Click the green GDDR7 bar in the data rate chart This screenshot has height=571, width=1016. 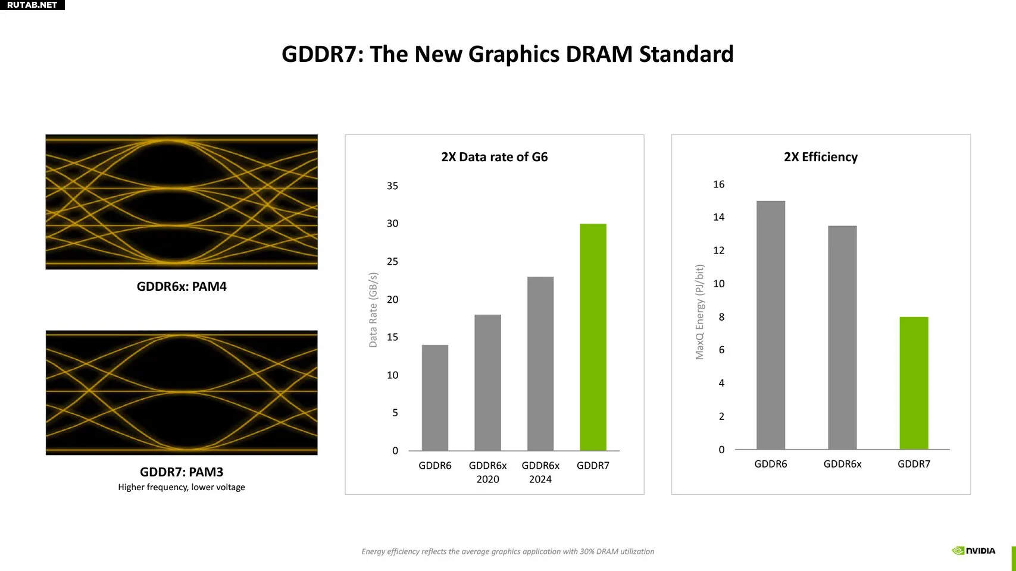[x=593, y=337]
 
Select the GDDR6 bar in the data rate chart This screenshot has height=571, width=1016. [x=435, y=398]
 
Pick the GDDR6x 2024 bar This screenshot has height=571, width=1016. [x=540, y=363]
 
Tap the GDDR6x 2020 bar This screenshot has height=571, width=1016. [x=487, y=382]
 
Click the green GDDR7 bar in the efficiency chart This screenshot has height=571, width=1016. [x=914, y=383]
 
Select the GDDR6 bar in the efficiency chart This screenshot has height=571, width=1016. [x=771, y=325]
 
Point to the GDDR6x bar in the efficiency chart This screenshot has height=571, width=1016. [x=842, y=338]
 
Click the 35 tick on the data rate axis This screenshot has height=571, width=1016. [x=392, y=186]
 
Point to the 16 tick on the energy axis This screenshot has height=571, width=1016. [x=719, y=184]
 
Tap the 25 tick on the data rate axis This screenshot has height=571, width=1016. [x=392, y=262]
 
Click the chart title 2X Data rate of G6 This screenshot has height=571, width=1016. [x=495, y=157]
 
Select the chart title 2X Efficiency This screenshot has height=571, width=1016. [x=821, y=157]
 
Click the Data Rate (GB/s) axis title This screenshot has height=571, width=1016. [x=373, y=310]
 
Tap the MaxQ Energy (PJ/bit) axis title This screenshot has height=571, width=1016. [x=699, y=312]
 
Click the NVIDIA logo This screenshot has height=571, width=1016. [x=973, y=551]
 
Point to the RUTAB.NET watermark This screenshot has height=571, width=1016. [x=32, y=5]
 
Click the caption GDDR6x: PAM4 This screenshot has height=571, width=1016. [x=182, y=287]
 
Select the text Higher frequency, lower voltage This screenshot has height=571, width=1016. [x=182, y=487]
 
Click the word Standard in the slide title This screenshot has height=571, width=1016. [x=686, y=54]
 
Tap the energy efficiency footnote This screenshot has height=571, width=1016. [x=508, y=551]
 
